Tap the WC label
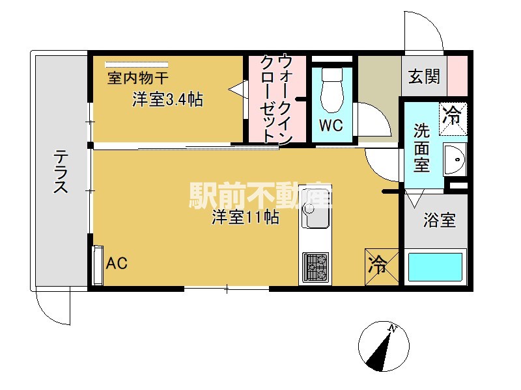tap(331, 125)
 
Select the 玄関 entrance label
tap(425, 76)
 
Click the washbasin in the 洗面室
tap(455, 160)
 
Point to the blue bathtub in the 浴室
tap(435, 267)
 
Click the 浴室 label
tap(439, 220)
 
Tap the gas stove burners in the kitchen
tap(315, 267)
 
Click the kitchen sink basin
tap(315, 207)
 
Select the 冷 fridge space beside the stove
tap(382, 266)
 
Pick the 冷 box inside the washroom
tap(453, 118)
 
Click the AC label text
tap(117, 263)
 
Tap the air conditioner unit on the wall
tap(98, 265)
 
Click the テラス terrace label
tap(61, 171)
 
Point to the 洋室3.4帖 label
tap(168, 99)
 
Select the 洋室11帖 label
tap(246, 217)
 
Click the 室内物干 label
tap(137, 78)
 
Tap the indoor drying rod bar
tap(137, 64)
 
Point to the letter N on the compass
tap(393, 329)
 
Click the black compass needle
tap(378, 352)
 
